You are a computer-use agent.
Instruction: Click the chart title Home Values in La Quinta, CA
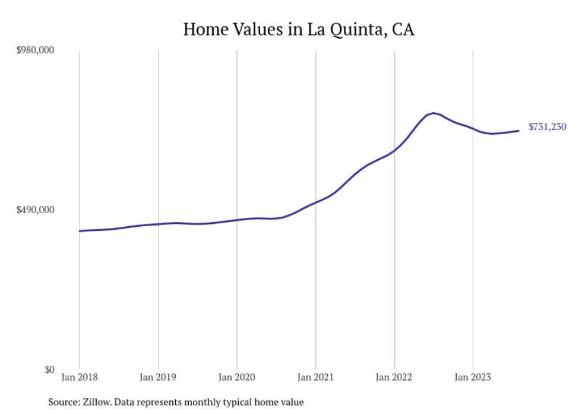[x=299, y=29]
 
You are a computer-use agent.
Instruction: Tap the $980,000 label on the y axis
[x=34, y=50]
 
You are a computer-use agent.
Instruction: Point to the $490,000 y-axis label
[x=34, y=210]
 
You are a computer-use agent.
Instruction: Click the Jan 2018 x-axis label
[x=80, y=377]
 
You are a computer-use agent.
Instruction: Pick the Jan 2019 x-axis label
[x=158, y=377]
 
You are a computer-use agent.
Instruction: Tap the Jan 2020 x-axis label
[x=237, y=377]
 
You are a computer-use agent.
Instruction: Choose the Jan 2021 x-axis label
[x=315, y=377]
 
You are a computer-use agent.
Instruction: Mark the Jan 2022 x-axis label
[x=394, y=377]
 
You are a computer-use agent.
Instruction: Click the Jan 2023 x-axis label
[x=473, y=377]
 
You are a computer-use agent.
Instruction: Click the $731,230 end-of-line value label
[x=547, y=127]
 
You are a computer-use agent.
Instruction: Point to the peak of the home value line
[x=434, y=113]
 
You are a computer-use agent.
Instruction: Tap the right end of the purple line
[x=519, y=131]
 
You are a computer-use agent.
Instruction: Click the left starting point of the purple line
[x=80, y=231]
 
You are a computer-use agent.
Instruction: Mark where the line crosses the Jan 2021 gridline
[x=315, y=202]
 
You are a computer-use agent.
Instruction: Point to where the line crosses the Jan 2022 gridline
[x=394, y=150]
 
